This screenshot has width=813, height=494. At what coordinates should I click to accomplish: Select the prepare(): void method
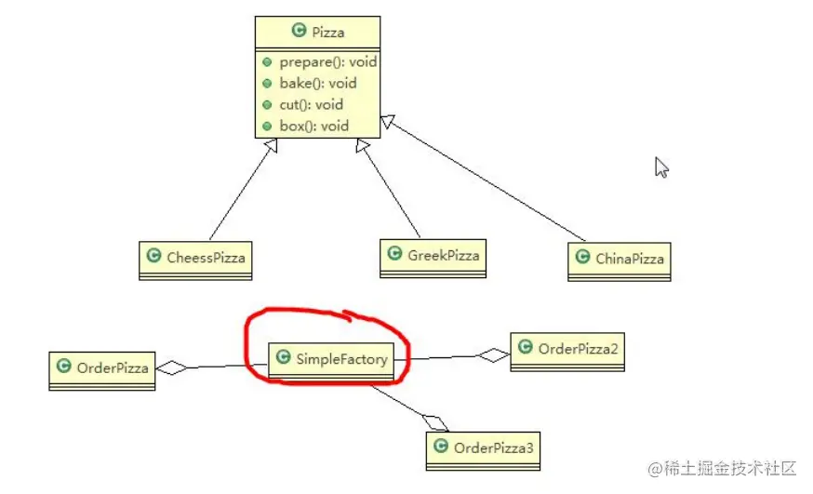(x=327, y=62)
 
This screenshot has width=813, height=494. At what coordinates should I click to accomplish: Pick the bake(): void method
(x=317, y=84)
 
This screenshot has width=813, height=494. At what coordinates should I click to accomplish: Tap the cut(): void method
(x=311, y=105)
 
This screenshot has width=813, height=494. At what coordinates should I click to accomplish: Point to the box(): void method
(x=313, y=126)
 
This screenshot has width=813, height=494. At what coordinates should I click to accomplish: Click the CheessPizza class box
(x=196, y=259)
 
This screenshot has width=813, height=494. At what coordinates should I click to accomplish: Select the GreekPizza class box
(x=433, y=254)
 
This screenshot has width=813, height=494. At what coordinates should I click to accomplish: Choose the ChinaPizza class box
(x=620, y=260)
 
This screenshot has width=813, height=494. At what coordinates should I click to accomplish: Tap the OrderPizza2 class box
(x=567, y=350)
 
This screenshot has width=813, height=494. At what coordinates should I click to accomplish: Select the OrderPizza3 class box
(x=483, y=448)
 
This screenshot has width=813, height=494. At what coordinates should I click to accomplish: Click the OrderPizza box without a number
(x=102, y=368)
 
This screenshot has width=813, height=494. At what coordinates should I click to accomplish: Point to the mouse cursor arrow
(x=661, y=167)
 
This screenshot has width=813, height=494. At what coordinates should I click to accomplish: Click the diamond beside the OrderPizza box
(x=171, y=367)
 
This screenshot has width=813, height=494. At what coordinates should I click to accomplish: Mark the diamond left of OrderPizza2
(x=493, y=354)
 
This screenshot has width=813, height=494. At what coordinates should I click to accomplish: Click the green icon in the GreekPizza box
(x=394, y=253)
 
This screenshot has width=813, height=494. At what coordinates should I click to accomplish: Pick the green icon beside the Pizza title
(x=299, y=31)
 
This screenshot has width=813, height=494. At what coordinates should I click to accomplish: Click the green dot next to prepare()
(x=267, y=62)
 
